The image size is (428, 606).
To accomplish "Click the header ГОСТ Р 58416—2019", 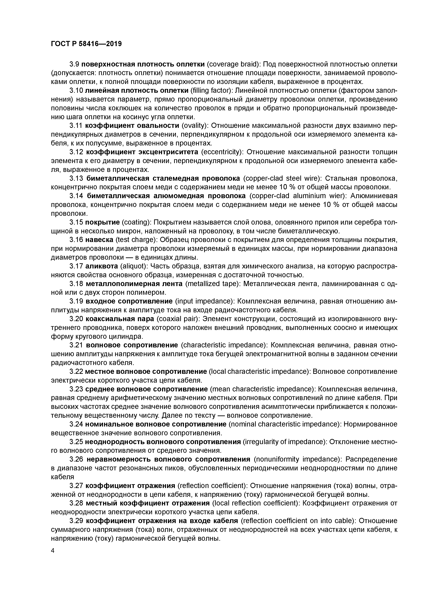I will pyautogui.click(x=86, y=44).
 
